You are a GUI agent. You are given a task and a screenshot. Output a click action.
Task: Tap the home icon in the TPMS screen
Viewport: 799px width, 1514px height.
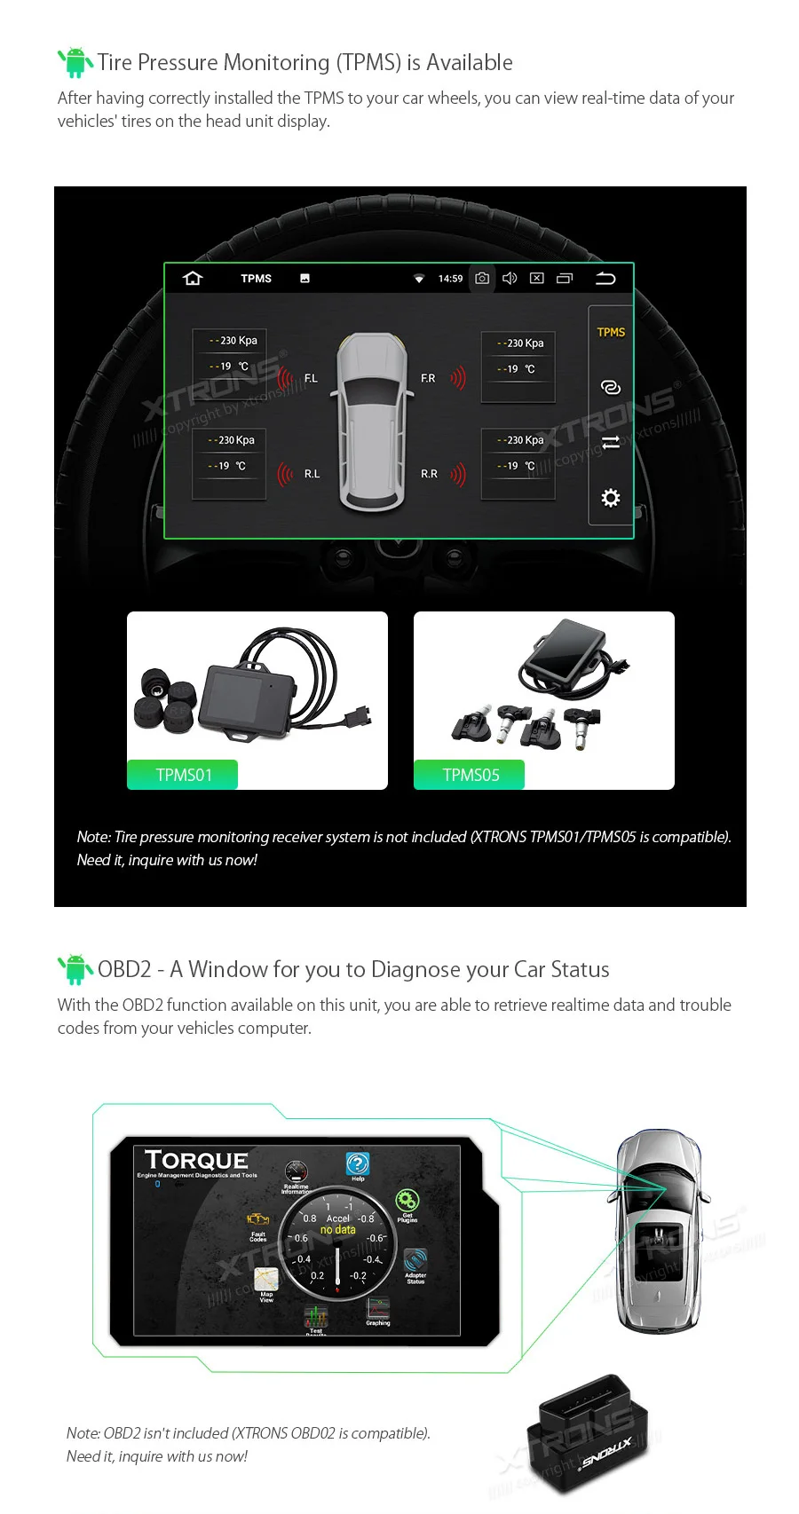tap(193, 279)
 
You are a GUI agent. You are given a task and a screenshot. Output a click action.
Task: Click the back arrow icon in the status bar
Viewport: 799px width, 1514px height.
tap(605, 279)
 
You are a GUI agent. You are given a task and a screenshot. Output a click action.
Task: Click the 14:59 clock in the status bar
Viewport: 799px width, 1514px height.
tap(450, 279)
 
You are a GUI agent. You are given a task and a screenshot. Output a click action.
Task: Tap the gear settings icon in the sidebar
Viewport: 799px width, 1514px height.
tap(611, 498)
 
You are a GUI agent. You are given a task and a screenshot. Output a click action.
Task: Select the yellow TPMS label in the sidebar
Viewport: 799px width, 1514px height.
tap(611, 332)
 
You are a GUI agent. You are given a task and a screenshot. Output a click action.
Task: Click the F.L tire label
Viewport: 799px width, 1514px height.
tap(311, 378)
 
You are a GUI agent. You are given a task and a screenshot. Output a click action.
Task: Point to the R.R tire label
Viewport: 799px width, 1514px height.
tap(429, 474)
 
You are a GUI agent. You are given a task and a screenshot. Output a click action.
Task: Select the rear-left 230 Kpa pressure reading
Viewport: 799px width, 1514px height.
tap(232, 440)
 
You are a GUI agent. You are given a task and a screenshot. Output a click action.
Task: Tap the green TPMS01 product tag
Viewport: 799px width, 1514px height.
tap(184, 775)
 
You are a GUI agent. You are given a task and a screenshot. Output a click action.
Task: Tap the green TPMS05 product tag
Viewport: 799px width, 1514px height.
tap(471, 775)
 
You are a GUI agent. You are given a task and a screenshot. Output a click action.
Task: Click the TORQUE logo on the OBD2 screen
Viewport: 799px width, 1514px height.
tap(196, 1161)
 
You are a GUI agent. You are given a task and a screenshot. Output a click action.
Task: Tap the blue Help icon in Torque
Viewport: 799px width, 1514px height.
tap(357, 1163)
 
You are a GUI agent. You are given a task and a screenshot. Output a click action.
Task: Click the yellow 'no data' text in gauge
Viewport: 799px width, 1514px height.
tap(337, 1230)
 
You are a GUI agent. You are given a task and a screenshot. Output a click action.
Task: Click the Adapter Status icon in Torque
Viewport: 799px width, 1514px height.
tap(415, 1261)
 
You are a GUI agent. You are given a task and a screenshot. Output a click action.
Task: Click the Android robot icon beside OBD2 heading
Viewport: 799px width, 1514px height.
tap(75, 969)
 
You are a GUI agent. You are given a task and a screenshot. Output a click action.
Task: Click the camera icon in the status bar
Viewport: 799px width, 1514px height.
tap(482, 279)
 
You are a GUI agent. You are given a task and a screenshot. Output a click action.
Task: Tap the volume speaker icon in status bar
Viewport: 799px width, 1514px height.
tap(510, 279)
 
